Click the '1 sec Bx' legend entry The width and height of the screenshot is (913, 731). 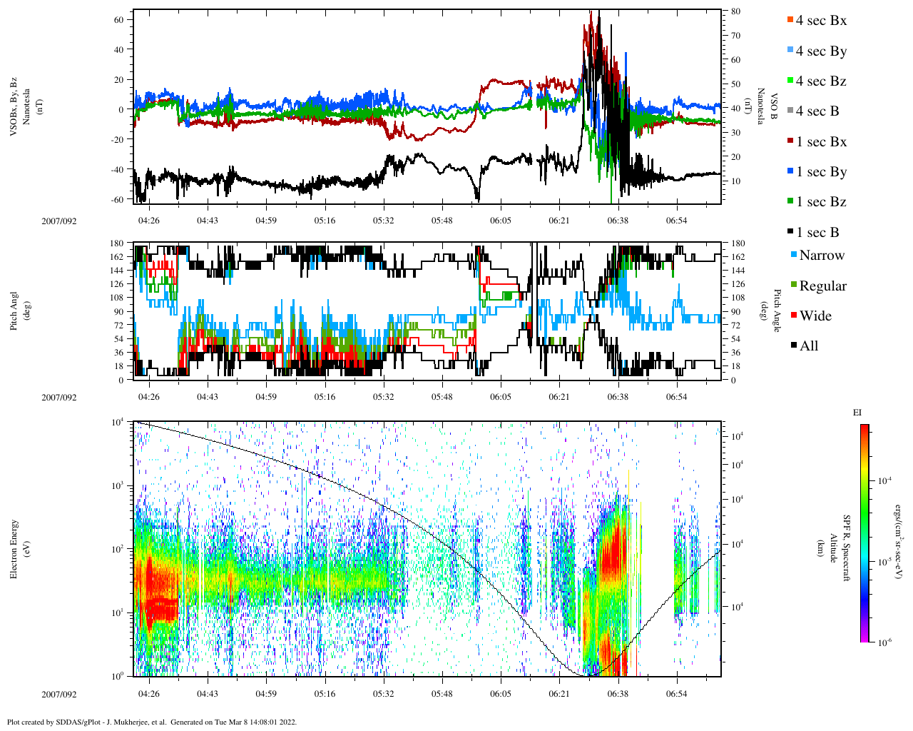(821, 142)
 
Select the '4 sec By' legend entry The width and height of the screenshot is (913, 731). (821, 51)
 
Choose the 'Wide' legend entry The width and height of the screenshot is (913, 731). (815, 316)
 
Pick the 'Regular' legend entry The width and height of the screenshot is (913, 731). (822, 286)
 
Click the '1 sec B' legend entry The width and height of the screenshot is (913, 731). (817, 233)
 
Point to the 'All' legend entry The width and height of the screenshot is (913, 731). (809, 346)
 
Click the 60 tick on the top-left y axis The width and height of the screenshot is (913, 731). (118, 19)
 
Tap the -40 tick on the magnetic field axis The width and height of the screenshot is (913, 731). (116, 170)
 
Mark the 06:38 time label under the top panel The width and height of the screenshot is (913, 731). (618, 221)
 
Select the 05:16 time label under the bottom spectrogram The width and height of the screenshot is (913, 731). (325, 694)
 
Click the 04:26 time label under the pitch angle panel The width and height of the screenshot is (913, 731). (148, 397)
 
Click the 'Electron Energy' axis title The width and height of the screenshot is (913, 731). (14, 548)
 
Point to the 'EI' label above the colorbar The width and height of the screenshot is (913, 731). (857, 413)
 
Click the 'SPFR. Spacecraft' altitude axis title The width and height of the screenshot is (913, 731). (847, 548)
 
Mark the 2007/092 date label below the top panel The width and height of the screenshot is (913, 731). (58, 221)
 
